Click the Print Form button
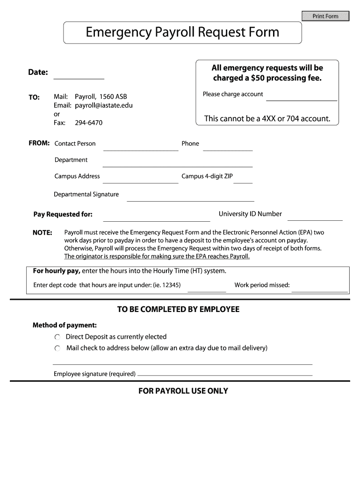(325, 16)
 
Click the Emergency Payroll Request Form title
(182, 32)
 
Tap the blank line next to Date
(79, 74)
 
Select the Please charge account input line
(302, 96)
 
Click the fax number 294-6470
(88, 123)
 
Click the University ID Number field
(315, 216)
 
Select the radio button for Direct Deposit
(57, 337)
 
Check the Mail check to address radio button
(57, 348)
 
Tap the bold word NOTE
(42, 232)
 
